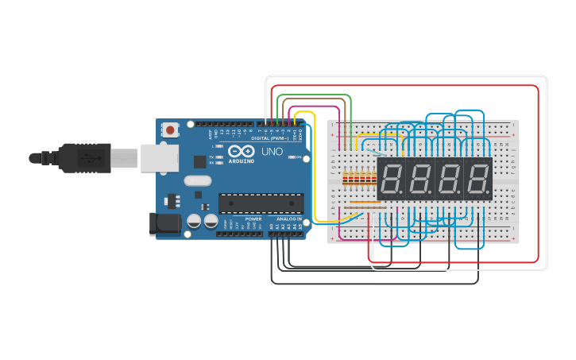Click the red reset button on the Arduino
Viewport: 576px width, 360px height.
click(x=170, y=130)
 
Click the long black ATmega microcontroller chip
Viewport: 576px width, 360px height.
click(x=261, y=203)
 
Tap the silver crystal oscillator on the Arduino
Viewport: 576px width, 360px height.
click(x=198, y=181)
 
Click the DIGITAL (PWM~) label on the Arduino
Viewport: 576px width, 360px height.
click(x=270, y=138)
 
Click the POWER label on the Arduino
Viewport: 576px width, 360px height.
click(x=253, y=219)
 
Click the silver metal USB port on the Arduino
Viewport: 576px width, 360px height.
click(x=159, y=157)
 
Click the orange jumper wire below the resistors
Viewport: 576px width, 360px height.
click(x=365, y=203)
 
